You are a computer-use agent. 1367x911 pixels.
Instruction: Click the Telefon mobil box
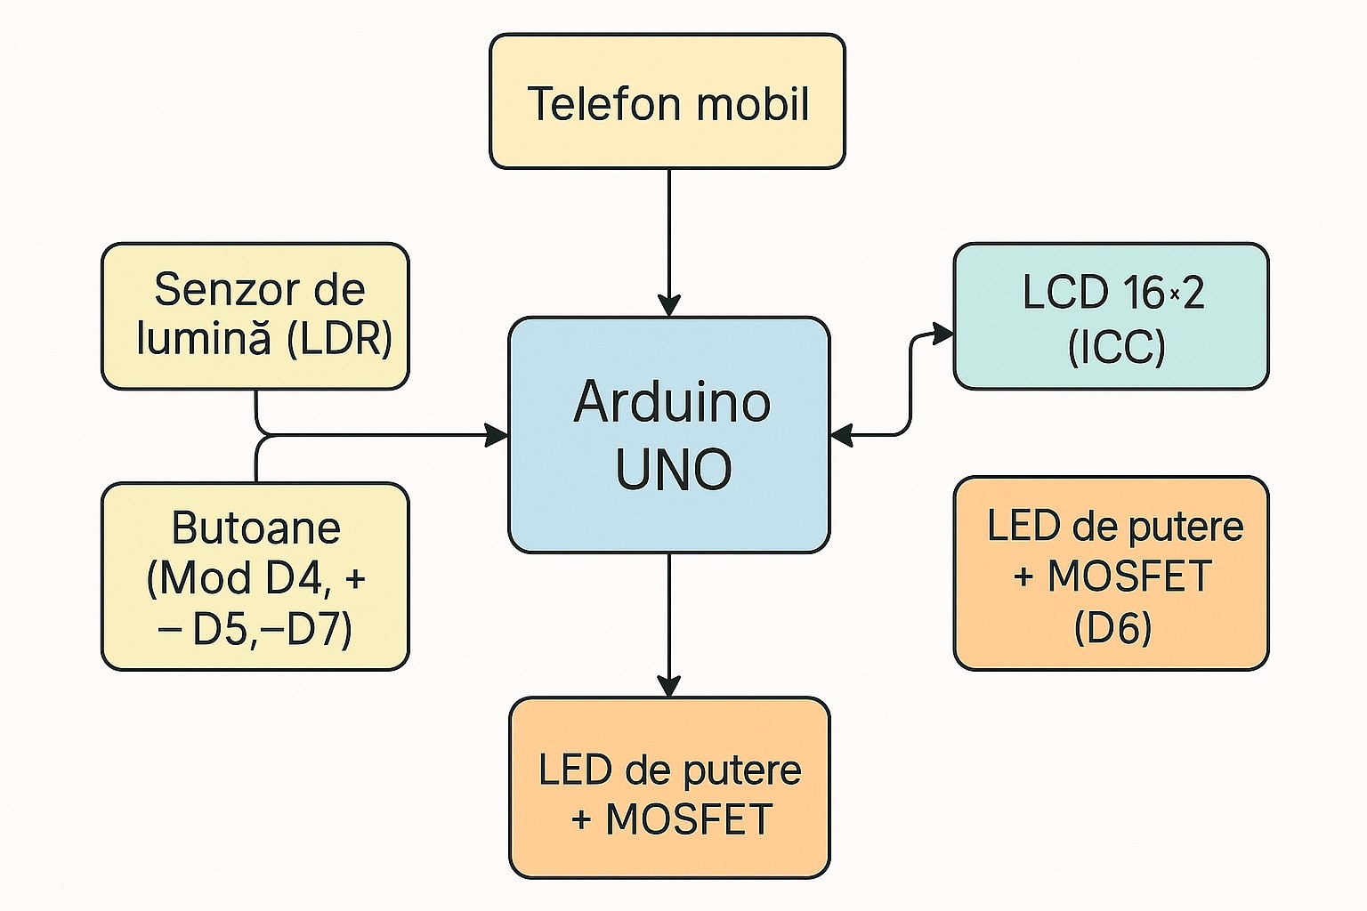[667, 101]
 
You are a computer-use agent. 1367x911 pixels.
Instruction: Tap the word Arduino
[672, 402]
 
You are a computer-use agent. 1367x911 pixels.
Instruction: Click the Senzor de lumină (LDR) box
[255, 316]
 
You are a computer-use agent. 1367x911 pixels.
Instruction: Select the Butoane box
[255, 576]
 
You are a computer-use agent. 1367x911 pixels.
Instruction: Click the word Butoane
[256, 528]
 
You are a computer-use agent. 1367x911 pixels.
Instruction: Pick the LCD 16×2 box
[1111, 316]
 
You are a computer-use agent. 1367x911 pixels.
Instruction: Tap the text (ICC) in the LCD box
[1116, 346]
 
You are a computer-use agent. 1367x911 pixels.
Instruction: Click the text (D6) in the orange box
[1112, 628]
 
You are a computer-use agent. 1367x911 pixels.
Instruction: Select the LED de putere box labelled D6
[1111, 573]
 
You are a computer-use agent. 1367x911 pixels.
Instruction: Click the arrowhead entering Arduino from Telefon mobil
[668, 305]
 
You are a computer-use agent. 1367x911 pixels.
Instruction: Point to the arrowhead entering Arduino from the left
[496, 435]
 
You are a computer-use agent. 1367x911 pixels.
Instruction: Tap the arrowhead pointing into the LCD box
[942, 335]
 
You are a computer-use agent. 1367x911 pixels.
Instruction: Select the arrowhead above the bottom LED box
[668, 685]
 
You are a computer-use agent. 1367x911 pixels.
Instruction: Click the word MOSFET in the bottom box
[689, 819]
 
